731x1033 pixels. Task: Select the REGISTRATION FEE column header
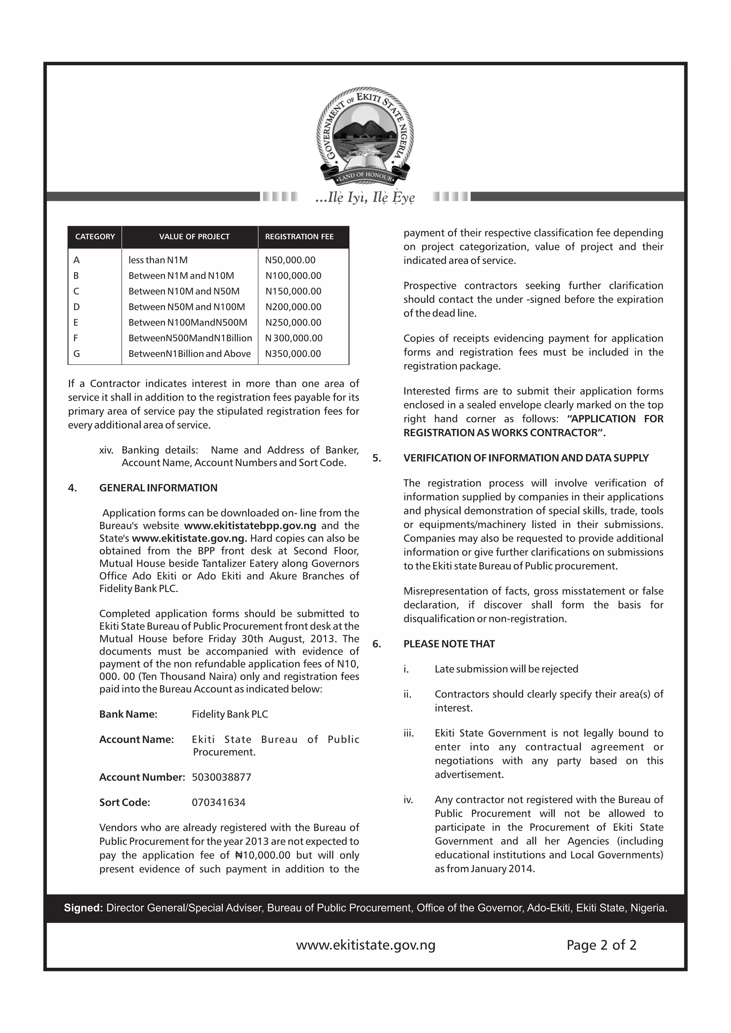[x=299, y=236]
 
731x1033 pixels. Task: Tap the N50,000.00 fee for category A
[x=290, y=260]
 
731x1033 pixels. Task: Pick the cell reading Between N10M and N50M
[x=184, y=291]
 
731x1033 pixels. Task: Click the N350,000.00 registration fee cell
[x=293, y=353]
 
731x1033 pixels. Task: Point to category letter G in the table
[x=76, y=353]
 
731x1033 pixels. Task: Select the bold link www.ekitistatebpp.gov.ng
[x=250, y=525]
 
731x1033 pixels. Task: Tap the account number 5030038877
[x=221, y=777]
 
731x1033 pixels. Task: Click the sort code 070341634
[x=219, y=802]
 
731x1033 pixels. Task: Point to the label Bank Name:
[x=128, y=714]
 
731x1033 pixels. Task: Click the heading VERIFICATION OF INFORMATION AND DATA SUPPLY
[x=526, y=458]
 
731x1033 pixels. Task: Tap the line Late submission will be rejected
[x=506, y=669]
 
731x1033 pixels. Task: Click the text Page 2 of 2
[x=601, y=945]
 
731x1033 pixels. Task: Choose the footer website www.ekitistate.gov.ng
[x=365, y=945]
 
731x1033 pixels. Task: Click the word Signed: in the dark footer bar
[x=84, y=908]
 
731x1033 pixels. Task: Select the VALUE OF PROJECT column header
[x=194, y=236]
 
